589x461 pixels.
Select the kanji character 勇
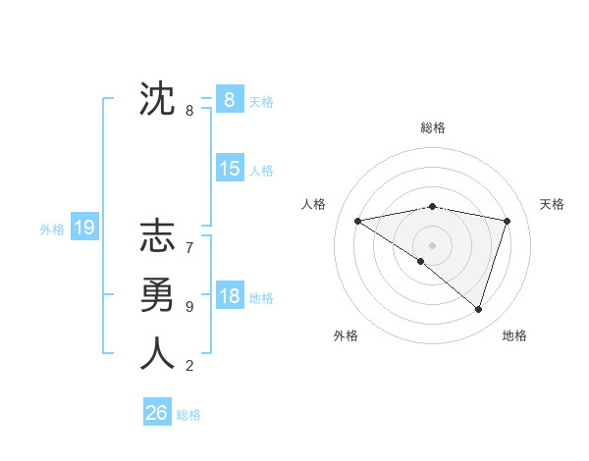point(157,295)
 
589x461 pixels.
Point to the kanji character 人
point(157,354)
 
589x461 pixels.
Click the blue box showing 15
point(229,169)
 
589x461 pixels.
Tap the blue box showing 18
point(229,296)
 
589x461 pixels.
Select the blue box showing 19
point(83,229)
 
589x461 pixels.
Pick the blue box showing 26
point(156,413)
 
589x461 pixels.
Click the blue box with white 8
point(229,99)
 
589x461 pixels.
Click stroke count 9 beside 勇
point(189,307)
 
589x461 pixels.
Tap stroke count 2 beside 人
point(189,366)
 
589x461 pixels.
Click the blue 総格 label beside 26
point(188,415)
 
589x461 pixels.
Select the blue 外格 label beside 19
point(52,230)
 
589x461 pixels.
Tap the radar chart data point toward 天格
point(508,221)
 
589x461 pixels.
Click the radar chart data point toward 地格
point(478,309)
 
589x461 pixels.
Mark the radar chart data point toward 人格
point(357,221)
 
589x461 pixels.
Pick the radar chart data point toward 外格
point(421,261)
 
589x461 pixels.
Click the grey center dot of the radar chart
point(432,244)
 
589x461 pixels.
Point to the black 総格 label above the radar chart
point(433,128)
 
